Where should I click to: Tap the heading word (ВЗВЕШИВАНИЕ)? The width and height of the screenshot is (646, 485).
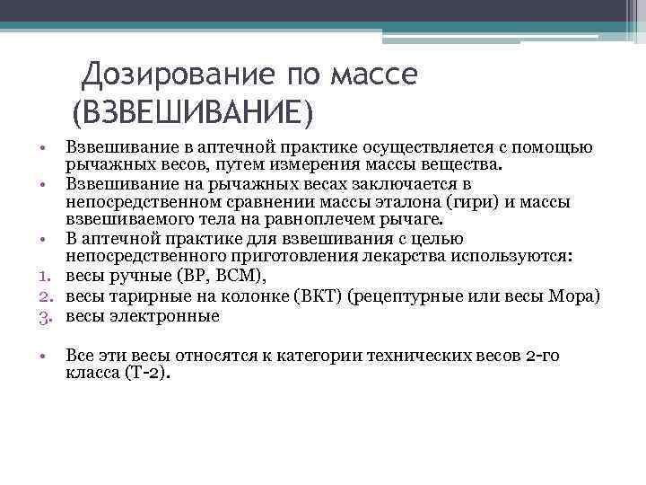[x=193, y=114]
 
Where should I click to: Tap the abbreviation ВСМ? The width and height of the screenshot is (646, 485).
[x=241, y=277]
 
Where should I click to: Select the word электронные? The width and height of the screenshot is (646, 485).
[x=165, y=315]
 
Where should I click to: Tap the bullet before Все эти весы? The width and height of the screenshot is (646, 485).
[x=43, y=355]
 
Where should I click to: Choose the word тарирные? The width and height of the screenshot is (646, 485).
[x=144, y=296]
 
